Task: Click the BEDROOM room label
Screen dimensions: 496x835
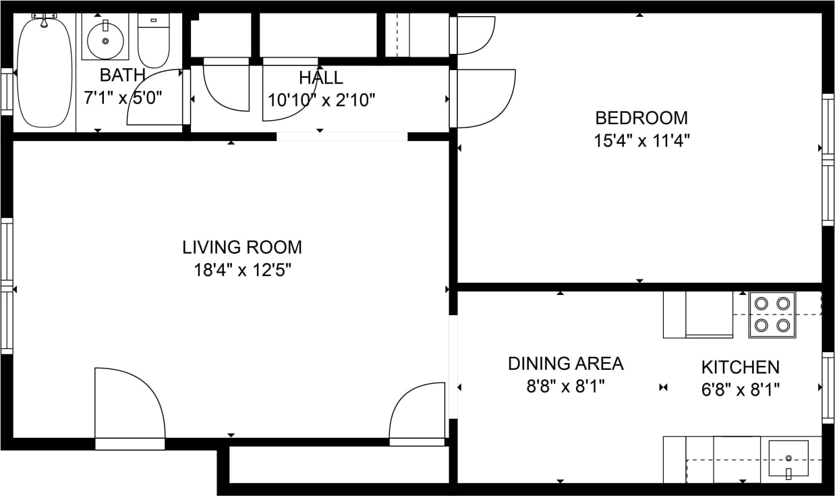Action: pyautogui.click(x=641, y=118)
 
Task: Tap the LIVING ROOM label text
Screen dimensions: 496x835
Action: pyautogui.click(x=242, y=247)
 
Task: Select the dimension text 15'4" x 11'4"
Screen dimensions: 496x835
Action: pyautogui.click(x=641, y=141)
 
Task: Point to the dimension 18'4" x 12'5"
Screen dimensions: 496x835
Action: pyautogui.click(x=242, y=271)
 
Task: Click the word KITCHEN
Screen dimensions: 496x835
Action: pyautogui.click(x=740, y=367)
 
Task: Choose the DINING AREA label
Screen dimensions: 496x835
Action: pyautogui.click(x=565, y=364)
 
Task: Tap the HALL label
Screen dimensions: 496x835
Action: pyautogui.click(x=321, y=78)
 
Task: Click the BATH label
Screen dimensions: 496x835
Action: pyautogui.click(x=122, y=75)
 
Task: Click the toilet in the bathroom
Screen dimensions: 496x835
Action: pyautogui.click(x=153, y=40)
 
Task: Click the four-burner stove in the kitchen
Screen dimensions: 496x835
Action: pyautogui.click(x=772, y=314)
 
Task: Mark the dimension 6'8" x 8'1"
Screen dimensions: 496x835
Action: pyautogui.click(x=740, y=389)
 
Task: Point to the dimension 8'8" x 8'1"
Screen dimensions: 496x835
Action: pyautogui.click(x=565, y=387)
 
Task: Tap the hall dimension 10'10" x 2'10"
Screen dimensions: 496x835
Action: pyautogui.click(x=321, y=100)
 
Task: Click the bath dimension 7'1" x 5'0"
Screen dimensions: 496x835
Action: pyautogui.click(x=122, y=97)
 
